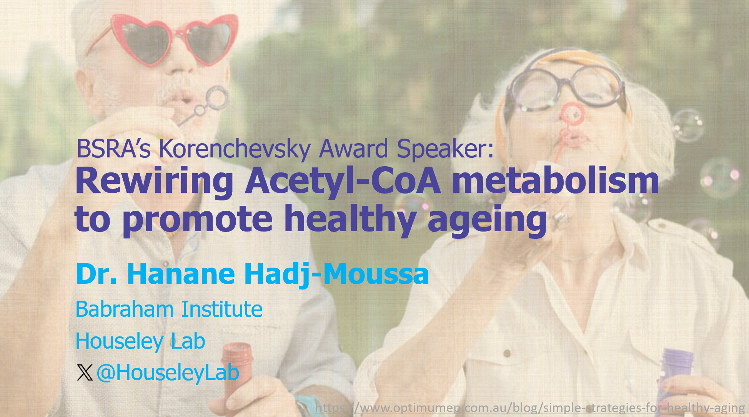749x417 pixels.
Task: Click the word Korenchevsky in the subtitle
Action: click(x=235, y=149)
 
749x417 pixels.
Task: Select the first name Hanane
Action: click(x=181, y=274)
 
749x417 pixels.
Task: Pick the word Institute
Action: click(x=222, y=309)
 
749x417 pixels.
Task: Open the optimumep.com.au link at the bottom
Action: click(x=530, y=408)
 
